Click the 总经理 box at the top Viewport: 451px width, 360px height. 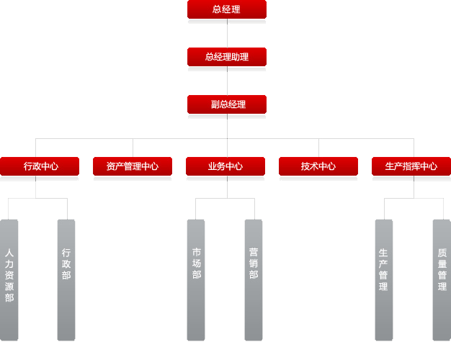click(x=226, y=9)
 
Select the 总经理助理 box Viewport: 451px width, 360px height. click(x=226, y=57)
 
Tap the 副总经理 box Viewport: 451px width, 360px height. click(x=226, y=104)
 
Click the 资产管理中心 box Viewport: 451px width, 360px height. click(x=133, y=166)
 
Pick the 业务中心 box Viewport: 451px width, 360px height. click(x=225, y=166)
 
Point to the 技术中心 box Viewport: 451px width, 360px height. click(x=318, y=166)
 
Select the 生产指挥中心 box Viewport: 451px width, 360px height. click(x=411, y=166)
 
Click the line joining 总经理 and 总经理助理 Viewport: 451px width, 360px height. click(x=227, y=33)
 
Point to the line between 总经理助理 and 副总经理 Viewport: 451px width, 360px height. click(x=227, y=81)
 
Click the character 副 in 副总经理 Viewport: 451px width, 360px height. click(x=215, y=104)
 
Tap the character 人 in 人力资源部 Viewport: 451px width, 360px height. click(x=9, y=253)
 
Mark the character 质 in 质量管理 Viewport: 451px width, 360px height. click(x=442, y=253)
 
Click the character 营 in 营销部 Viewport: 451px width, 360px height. click(x=254, y=252)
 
